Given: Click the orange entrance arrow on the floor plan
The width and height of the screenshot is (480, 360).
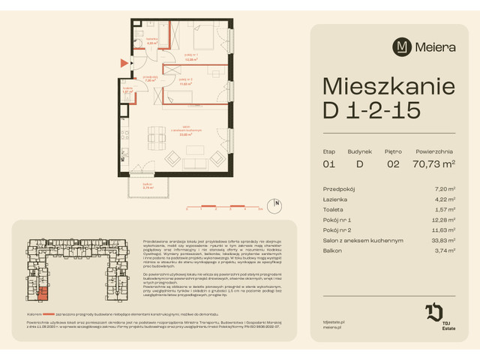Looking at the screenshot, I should coord(124,64).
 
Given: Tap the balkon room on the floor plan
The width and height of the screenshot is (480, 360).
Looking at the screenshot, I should coord(148,187).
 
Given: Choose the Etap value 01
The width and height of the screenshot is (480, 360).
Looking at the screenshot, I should coord(328,163).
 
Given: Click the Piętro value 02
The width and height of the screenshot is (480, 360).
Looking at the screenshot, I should coord(392,163).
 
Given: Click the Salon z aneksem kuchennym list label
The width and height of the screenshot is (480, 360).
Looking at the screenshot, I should coord(362,241).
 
